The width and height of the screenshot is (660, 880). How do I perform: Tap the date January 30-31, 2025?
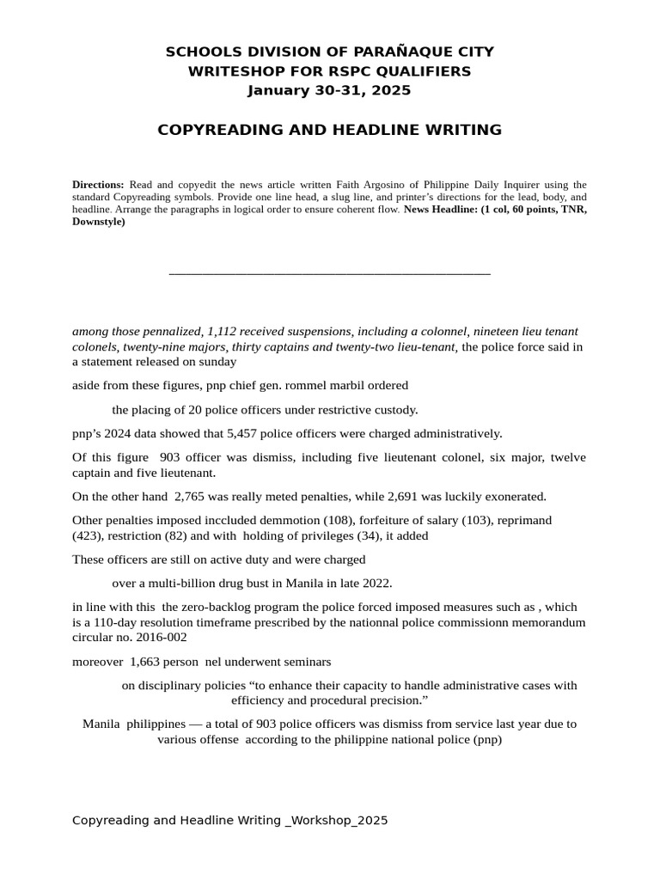click(x=329, y=90)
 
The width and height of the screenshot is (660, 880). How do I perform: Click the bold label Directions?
click(x=98, y=185)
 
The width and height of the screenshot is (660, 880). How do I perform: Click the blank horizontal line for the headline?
click(x=329, y=273)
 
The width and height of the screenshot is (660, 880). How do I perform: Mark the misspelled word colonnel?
click(x=443, y=332)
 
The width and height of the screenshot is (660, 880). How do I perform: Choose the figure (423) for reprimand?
click(x=89, y=536)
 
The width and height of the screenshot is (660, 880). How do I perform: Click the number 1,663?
click(x=148, y=662)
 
